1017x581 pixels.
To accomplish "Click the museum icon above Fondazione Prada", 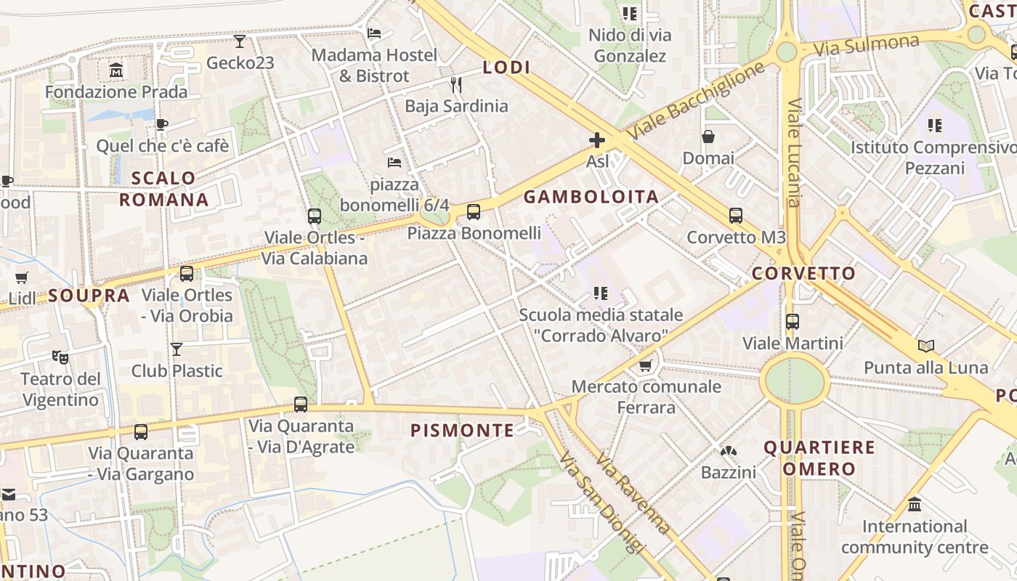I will [x=116, y=70].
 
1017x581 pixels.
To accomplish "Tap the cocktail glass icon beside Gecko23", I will [x=240, y=41].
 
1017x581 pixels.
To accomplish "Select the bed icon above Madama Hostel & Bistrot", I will [x=374, y=33].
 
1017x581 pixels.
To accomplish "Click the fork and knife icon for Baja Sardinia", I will [x=456, y=85].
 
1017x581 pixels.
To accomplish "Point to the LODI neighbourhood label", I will [x=506, y=68].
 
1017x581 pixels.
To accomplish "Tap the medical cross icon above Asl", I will [x=597, y=140].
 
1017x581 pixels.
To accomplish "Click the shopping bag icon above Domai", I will [x=708, y=137].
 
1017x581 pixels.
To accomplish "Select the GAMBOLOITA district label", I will [x=591, y=196].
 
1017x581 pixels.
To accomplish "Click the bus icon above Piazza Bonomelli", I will [x=474, y=212].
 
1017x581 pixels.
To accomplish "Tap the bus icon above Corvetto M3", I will [x=736, y=216].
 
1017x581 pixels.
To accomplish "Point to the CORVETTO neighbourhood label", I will [x=803, y=274].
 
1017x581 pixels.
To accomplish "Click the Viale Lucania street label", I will [x=794, y=153].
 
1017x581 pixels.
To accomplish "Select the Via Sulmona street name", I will [x=866, y=46].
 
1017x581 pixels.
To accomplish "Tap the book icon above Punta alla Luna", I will [x=925, y=346].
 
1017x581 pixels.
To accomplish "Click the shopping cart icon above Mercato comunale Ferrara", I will [x=646, y=365].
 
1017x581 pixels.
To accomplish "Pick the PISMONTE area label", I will [x=462, y=431].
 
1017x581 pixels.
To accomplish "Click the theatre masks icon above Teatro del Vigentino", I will [x=60, y=357].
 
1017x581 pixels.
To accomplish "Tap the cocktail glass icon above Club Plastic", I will [x=177, y=349].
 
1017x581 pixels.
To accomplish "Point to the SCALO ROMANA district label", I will [x=163, y=189].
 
